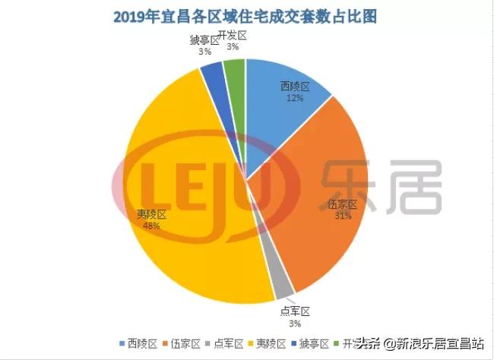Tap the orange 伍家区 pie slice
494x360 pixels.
tap(319, 213)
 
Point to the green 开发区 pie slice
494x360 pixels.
tap(235, 71)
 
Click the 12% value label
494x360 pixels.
tap(295, 98)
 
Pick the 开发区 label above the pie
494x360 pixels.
tap(231, 36)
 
